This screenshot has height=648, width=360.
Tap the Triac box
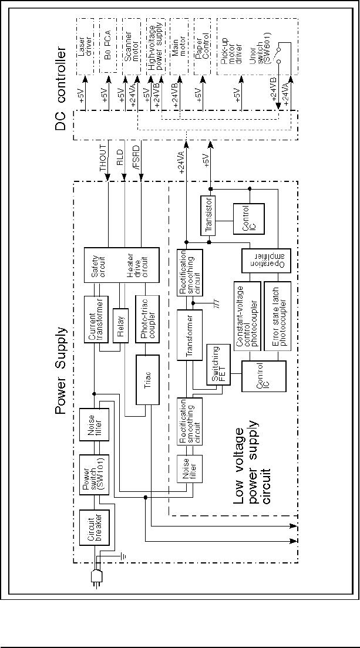tap(149, 379)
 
